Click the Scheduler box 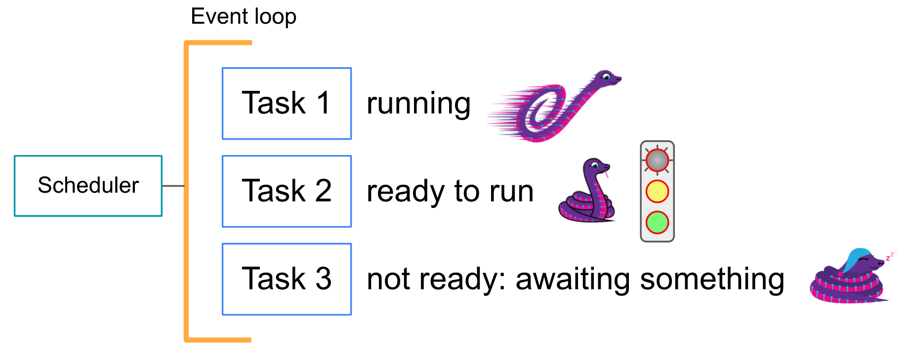pyautogui.click(x=88, y=186)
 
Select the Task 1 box pyautogui.click(x=287, y=103)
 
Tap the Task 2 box pyautogui.click(x=287, y=191)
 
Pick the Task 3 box pyautogui.click(x=287, y=279)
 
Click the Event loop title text pyautogui.click(x=244, y=17)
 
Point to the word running pyautogui.click(x=418, y=105)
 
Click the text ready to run pyautogui.click(x=450, y=192)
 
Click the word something pyautogui.click(x=712, y=280)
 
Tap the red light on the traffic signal pyautogui.click(x=658, y=160)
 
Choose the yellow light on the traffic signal pyautogui.click(x=658, y=192)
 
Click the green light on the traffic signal pyautogui.click(x=658, y=222)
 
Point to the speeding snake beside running pyautogui.click(x=553, y=107)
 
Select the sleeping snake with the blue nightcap pyautogui.click(x=849, y=277)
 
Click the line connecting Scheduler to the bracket pyautogui.click(x=173, y=186)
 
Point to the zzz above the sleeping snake pyautogui.click(x=891, y=255)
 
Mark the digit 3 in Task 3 pyautogui.click(x=323, y=279)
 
